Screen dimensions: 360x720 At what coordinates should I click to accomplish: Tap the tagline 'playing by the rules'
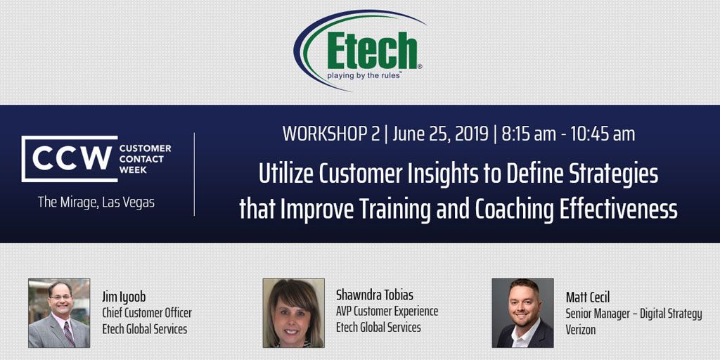[x=364, y=75]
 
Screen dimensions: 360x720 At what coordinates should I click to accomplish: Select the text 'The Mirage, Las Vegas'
[x=96, y=202]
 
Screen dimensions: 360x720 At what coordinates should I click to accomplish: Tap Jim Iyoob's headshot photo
[x=59, y=313]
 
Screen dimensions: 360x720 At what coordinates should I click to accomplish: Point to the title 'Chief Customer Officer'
[x=147, y=313]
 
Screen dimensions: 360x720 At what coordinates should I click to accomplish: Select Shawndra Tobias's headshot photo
[x=293, y=313]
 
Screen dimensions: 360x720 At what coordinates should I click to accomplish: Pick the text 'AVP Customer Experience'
[x=387, y=311]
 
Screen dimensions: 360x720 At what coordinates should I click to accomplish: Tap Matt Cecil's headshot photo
[x=522, y=313]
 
